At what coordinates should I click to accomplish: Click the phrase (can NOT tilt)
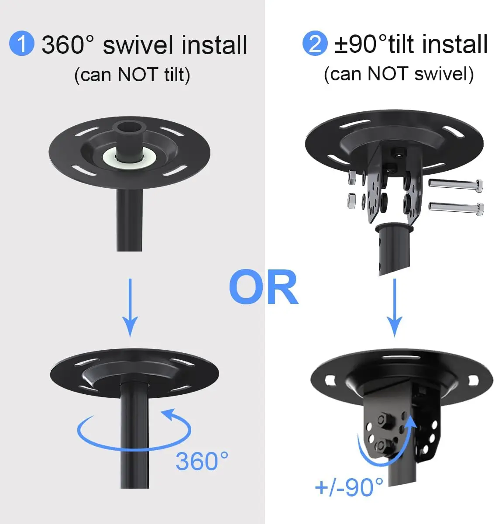(132, 75)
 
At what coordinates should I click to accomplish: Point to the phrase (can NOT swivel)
(399, 75)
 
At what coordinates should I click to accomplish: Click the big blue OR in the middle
(264, 287)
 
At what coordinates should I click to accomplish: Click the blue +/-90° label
(349, 488)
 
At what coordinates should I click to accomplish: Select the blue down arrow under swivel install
(130, 308)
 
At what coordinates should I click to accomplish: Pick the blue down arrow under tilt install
(395, 308)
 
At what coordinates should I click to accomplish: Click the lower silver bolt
(456, 208)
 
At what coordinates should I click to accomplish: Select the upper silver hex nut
(352, 177)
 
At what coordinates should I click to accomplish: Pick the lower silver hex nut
(351, 200)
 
